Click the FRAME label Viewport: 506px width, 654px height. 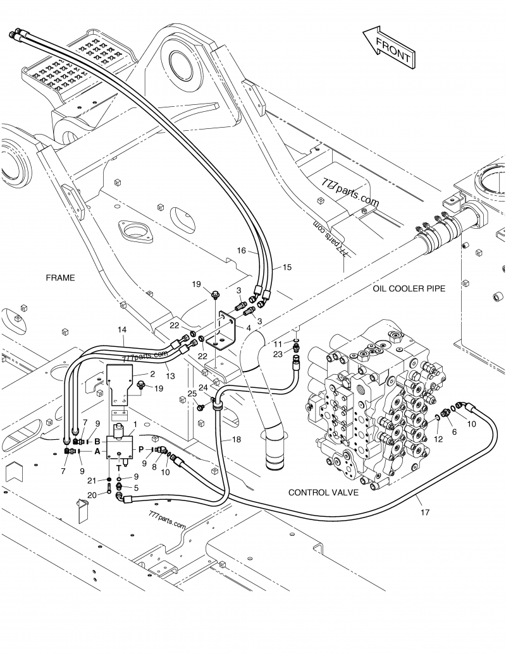tap(60, 277)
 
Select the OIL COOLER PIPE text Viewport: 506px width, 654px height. tap(409, 288)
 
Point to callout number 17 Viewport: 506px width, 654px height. tap(424, 512)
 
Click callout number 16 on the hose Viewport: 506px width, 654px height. tap(242, 251)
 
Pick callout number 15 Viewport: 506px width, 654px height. tap(287, 267)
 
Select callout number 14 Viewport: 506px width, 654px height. tap(122, 330)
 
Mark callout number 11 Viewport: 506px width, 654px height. tap(278, 342)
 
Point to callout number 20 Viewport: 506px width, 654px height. tap(92, 495)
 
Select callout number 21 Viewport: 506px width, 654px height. tap(92, 481)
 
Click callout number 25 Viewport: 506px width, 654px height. tap(190, 394)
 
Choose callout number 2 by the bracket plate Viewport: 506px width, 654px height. tap(152, 374)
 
